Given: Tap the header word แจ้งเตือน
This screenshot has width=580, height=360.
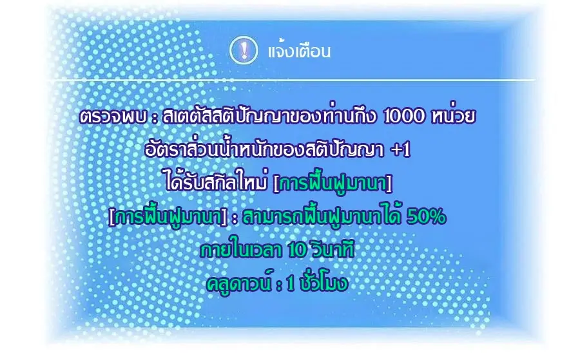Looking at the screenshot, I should tap(298, 52).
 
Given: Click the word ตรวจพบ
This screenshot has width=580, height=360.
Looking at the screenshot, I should tap(104, 118).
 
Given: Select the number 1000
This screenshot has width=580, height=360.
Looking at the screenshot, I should tap(404, 118).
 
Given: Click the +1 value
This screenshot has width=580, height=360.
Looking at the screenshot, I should tap(400, 151).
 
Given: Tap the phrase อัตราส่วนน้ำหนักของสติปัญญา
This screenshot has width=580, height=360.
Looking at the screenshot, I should tap(264, 151).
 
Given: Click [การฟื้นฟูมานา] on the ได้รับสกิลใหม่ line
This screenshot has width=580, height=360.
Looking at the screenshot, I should tap(333, 184).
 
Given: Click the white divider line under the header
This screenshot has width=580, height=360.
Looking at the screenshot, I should tap(290, 81).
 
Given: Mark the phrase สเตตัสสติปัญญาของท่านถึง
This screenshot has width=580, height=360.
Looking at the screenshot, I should tap(271, 118).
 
